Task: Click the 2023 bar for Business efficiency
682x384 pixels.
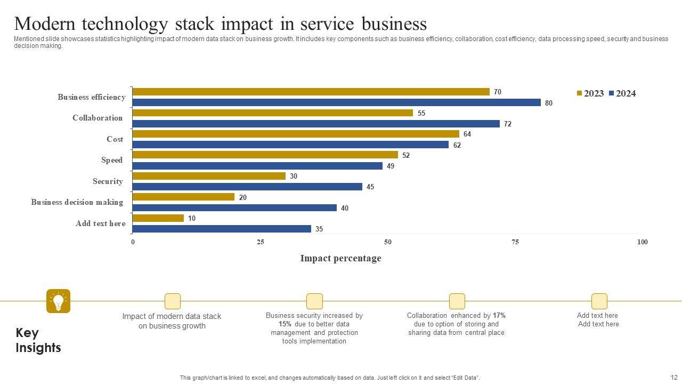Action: pyautogui.click(x=311, y=92)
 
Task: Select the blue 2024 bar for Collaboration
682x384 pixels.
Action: pyautogui.click(x=316, y=124)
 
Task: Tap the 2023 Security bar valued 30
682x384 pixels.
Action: pyautogui.click(x=209, y=176)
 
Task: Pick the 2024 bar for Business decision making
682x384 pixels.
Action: pyautogui.click(x=234, y=208)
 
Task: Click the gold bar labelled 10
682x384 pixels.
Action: pyautogui.click(x=158, y=218)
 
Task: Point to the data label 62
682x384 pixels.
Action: pyautogui.click(x=457, y=145)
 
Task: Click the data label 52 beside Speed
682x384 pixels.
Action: pyautogui.click(x=406, y=155)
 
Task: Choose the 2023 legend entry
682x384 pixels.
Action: pyautogui.click(x=590, y=94)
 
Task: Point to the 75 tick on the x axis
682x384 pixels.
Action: pyautogui.click(x=515, y=242)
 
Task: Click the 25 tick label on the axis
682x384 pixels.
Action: pyautogui.click(x=261, y=242)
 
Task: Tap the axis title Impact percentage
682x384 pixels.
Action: pyautogui.click(x=340, y=258)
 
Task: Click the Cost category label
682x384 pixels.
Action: pyautogui.click(x=115, y=139)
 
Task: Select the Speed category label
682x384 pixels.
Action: pyautogui.click(x=112, y=160)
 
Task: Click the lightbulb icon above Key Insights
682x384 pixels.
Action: pyautogui.click(x=59, y=301)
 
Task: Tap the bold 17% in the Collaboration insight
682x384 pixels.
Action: pyautogui.click(x=499, y=316)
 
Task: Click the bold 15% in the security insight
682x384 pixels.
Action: pyautogui.click(x=285, y=324)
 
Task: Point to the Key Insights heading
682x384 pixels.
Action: pyautogui.click(x=38, y=340)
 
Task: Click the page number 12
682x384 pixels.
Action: pyautogui.click(x=674, y=377)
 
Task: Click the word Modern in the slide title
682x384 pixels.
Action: pyautogui.click(x=45, y=24)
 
